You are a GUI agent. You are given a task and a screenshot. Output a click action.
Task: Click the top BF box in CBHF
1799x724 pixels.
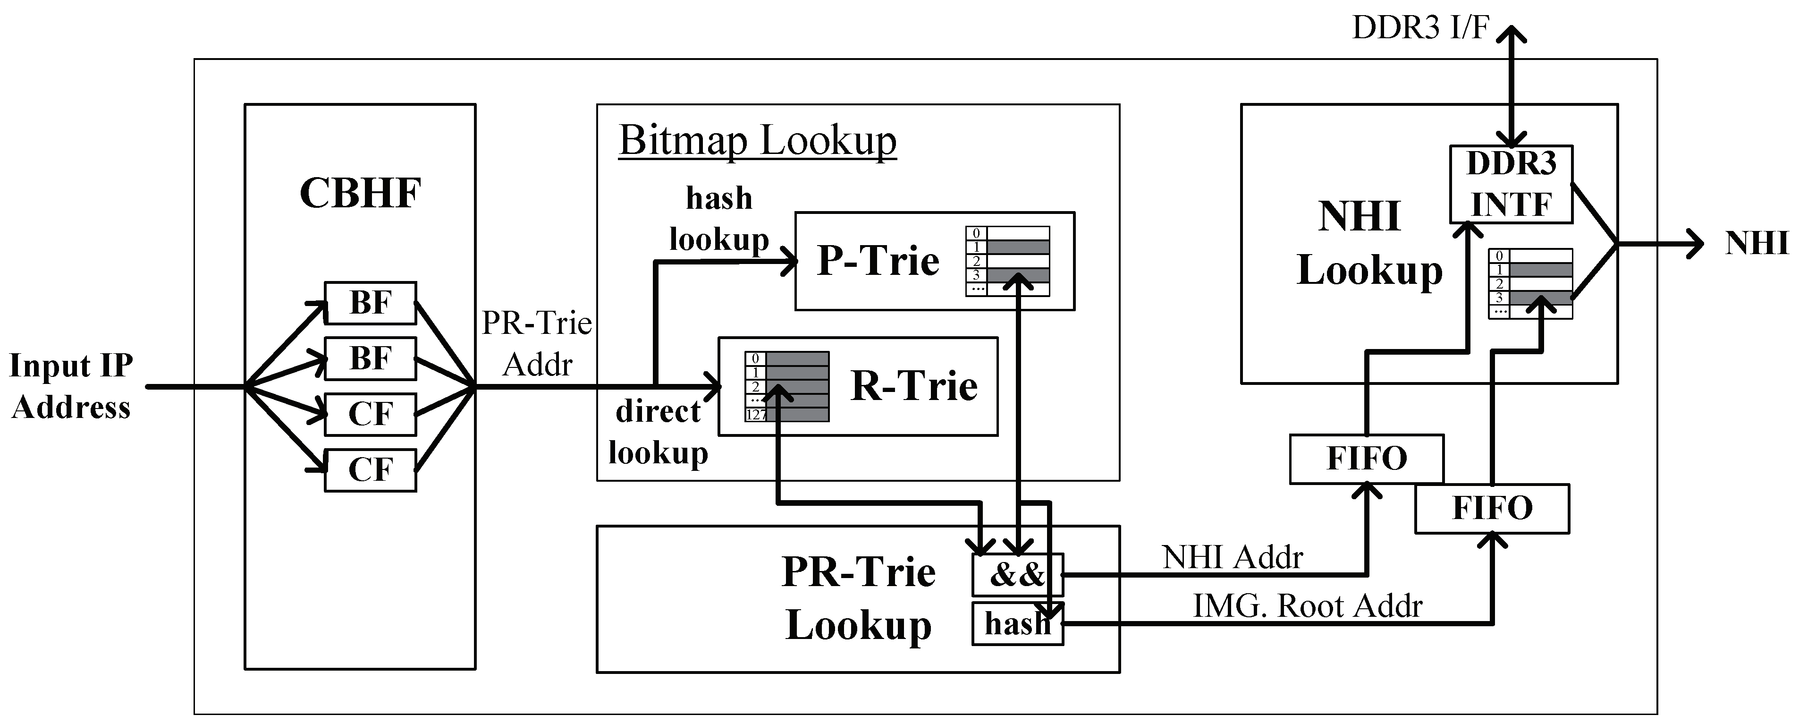coord(370,303)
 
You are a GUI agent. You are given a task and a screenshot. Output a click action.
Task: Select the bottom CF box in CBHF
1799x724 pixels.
coord(370,469)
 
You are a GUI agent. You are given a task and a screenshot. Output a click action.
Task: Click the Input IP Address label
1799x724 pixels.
coord(70,386)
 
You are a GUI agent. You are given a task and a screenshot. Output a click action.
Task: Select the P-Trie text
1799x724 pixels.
coord(878,261)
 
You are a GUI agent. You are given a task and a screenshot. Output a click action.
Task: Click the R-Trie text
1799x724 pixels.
coord(913,386)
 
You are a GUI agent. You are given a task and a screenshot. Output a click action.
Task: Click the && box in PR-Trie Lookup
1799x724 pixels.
coord(1017,574)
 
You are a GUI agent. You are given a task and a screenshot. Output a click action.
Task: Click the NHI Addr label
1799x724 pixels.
coord(1232,557)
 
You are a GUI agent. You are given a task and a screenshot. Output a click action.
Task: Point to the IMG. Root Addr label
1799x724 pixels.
coord(1307,606)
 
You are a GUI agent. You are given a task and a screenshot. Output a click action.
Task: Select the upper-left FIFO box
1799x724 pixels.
coord(1366,459)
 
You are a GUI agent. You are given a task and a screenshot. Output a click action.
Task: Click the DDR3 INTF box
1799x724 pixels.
coord(1511,184)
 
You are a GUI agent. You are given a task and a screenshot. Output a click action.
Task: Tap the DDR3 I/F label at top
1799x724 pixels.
coord(1420,28)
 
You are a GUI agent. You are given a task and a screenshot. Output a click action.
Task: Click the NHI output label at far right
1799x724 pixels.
coord(1756,244)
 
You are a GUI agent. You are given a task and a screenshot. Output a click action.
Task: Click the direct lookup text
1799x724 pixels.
coord(658,432)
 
